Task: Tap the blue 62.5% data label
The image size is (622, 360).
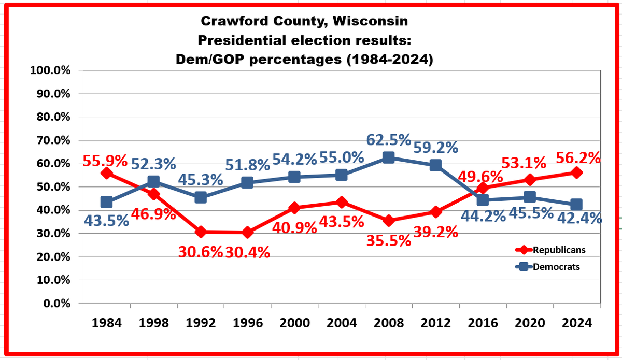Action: pyautogui.click(x=388, y=140)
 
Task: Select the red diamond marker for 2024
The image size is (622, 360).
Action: pyautogui.click(x=576, y=172)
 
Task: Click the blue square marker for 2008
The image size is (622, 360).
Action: pyautogui.click(x=388, y=157)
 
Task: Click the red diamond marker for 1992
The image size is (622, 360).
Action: pyautogui.click(x=201, y=232)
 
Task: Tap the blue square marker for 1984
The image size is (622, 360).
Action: pyautogui.click(x=107, y=202)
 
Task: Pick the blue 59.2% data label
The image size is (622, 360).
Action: pyautogui.click(x=435, y=148)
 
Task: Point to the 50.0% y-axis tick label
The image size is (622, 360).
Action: pyautogui.click(x=50, y=187)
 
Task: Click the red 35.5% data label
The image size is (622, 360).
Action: pyautogui.click(x=388, y=240)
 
